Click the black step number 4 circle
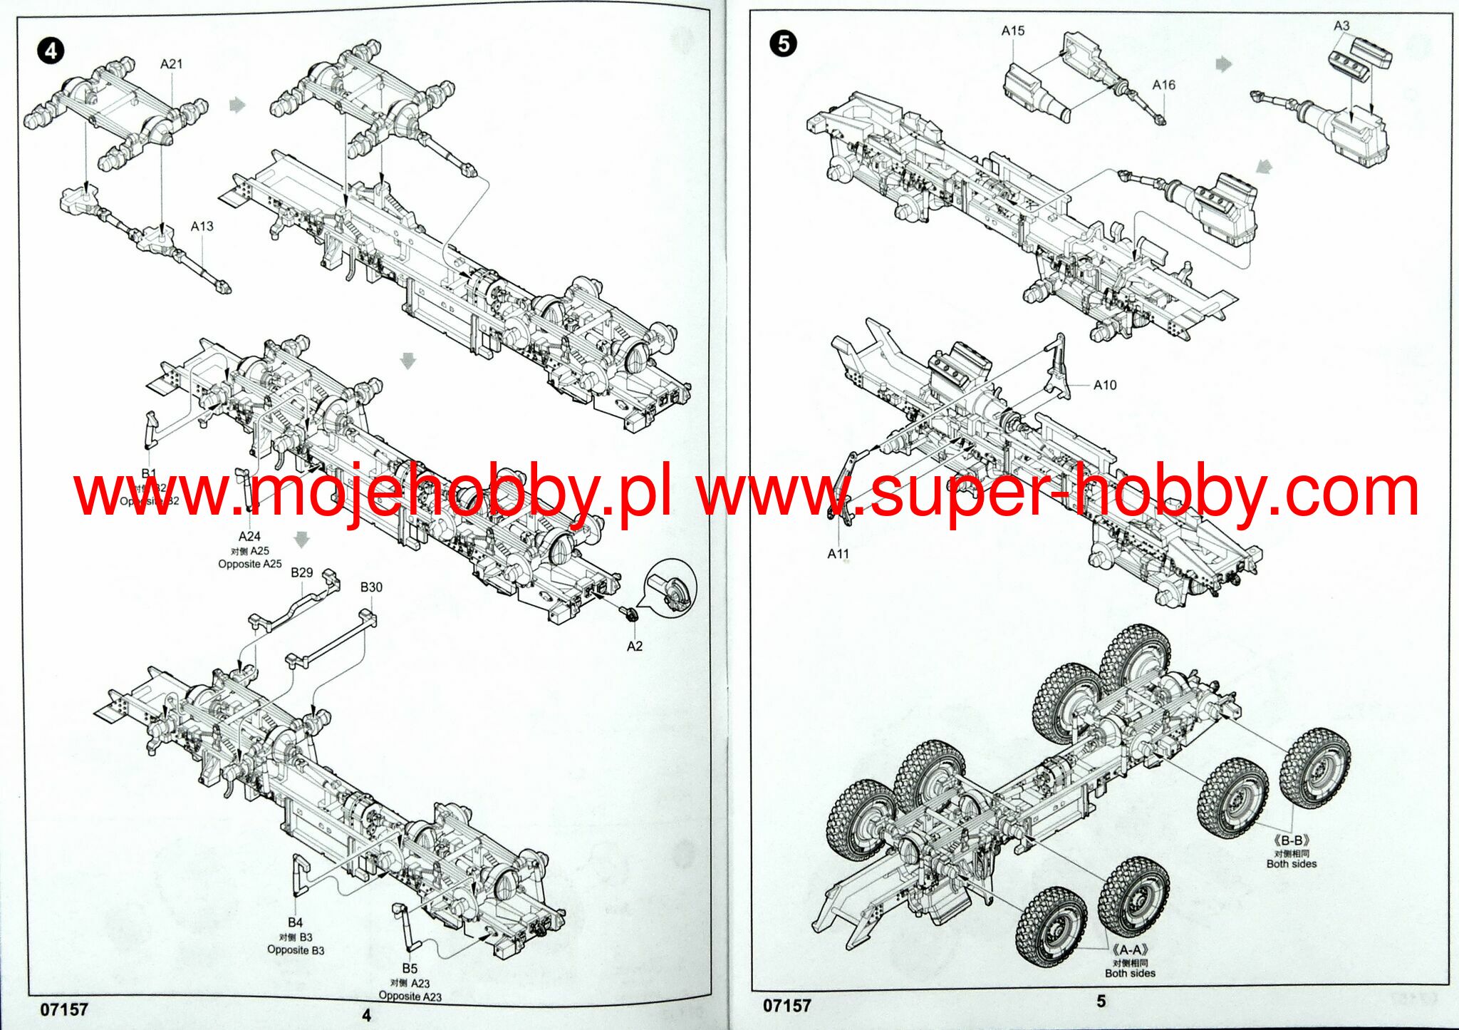point(51,51)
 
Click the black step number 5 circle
point(783,44)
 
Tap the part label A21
point(172,64)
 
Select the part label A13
point(202,226)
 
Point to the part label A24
point(249,536)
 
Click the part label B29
point(301,572)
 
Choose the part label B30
point(371,587)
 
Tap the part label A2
point(634,646)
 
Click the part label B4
point(296,922)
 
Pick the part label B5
point(410,969)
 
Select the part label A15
point(1012,31)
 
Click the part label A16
point(1163,85)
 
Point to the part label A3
point(1341,26)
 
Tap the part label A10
point(1105,385)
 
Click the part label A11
point(838,554)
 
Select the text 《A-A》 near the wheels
point(1130,949)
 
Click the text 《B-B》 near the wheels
point(1292,840)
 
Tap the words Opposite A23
point(410,996)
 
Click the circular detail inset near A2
point(670,588)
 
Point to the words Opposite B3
point(296,950)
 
